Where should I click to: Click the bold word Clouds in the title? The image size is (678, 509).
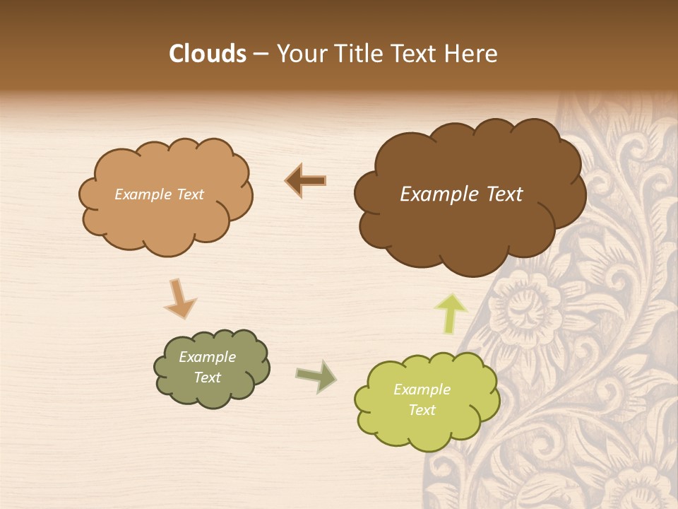click(x=207, y=54)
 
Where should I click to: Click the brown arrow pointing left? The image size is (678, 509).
click(x=306, y=181)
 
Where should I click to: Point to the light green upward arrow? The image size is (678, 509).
click(x=450, y=313)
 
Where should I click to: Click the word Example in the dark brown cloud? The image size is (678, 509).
click(x=432, y=194)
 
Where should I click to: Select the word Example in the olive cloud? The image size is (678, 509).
click(x=207, y=357)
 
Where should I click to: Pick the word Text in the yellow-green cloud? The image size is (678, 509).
click(x=422, y=410)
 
